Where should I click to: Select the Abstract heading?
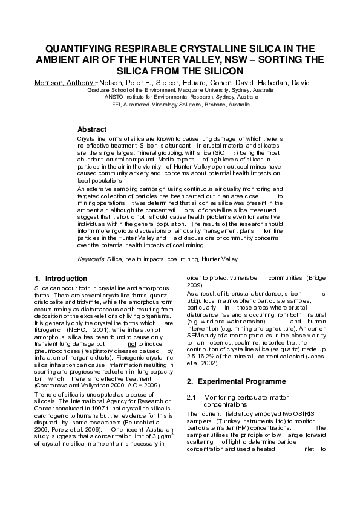click(x=92, y=129)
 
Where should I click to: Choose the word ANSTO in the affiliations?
click(x=114, y=96)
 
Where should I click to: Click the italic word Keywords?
click(x=91, y=259)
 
